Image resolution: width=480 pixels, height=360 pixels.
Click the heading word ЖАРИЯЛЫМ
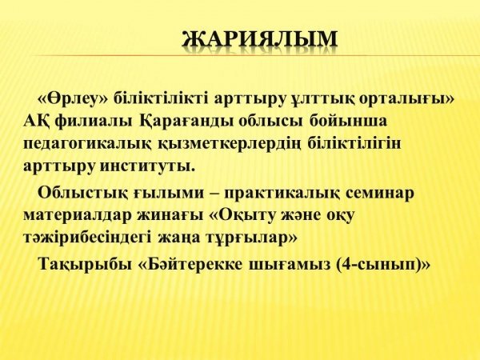(260, 39)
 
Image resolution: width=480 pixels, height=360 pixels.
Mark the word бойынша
(348, 121)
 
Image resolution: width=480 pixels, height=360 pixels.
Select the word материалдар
(77, 215)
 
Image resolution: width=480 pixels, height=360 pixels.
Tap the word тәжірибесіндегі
(87, 238)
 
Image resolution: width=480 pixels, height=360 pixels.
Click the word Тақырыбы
(85, 264)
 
